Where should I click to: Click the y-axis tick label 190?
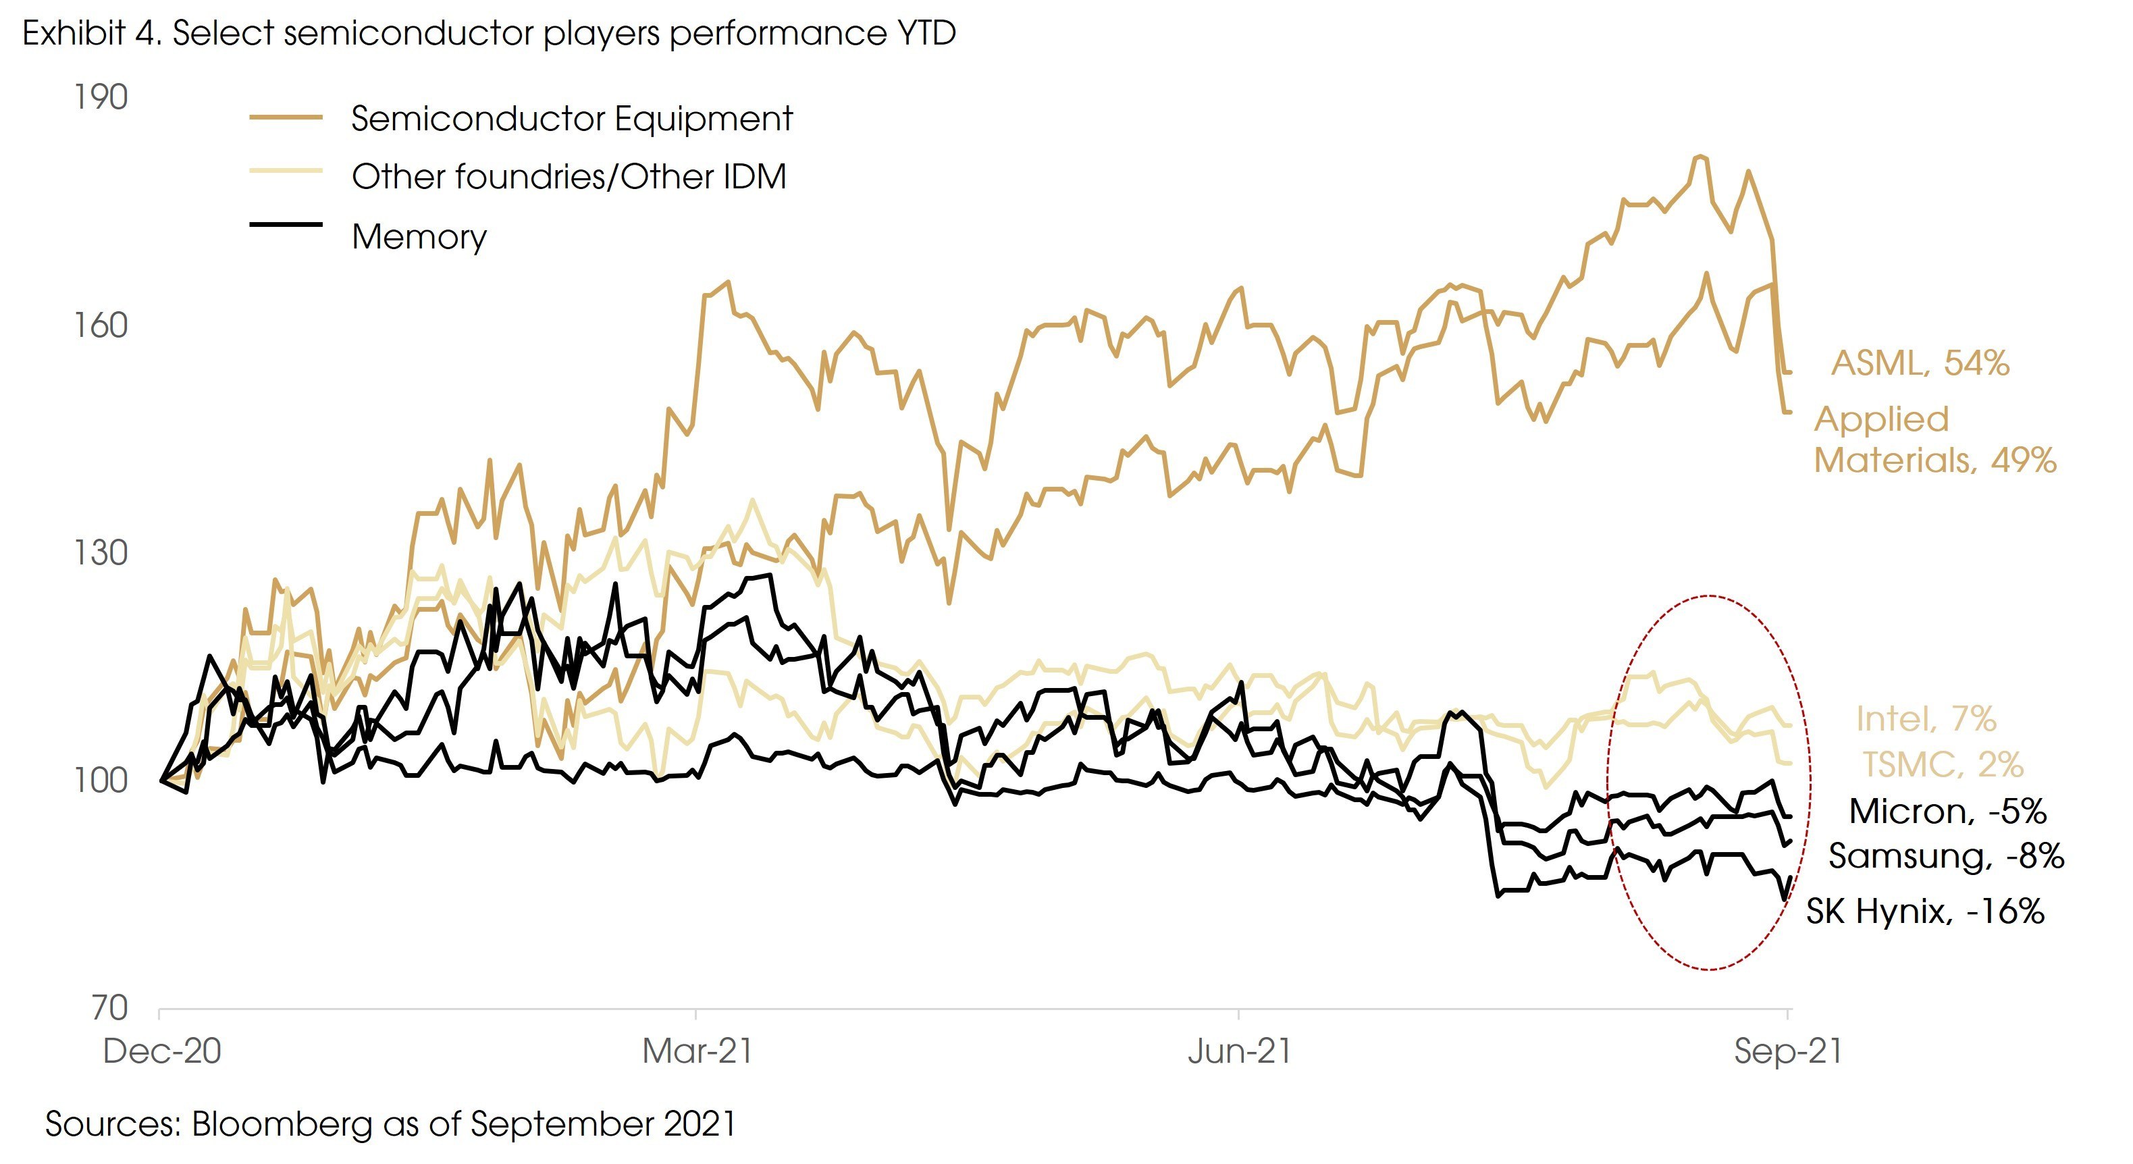tap(101, 98)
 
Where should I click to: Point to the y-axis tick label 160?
tap(101, 325)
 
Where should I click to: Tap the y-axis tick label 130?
tap(101, 553)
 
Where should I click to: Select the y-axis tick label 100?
tap(101, 781)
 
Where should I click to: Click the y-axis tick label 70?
tap(109, 1008)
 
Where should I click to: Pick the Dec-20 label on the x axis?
tap(162, 1051)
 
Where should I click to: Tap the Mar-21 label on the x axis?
tap(697, 1051)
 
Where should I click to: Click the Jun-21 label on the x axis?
tap(1240, 1051)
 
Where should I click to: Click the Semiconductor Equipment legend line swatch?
tap(286, 118)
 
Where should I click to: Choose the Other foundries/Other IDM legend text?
tap(569, 177)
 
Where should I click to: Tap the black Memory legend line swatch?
tap(286, 224)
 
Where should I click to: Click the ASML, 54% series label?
tap(1920, 363)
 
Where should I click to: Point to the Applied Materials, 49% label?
tap(1935, 440)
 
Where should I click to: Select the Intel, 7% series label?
tap(1926, 718)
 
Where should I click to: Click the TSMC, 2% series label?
tap(1943, 764)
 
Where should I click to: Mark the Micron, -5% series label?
tap(1947, 812)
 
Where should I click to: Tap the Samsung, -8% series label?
tap(1946, 856)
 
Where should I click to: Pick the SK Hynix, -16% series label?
tap(1925, 911)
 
